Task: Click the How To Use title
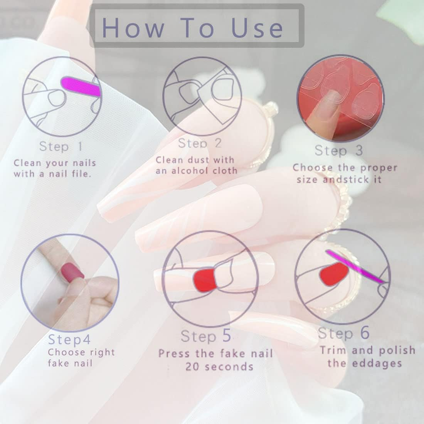pos(193,27)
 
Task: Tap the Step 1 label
pos(61,146)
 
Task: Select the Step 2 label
pos(200,143)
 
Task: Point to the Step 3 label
pos(339,151)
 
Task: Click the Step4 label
pos(69,340)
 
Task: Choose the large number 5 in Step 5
pos(227,336)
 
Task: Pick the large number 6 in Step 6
pos(365,333)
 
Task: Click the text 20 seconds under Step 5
pos(219,366)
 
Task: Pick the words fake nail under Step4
pos(70,363)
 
